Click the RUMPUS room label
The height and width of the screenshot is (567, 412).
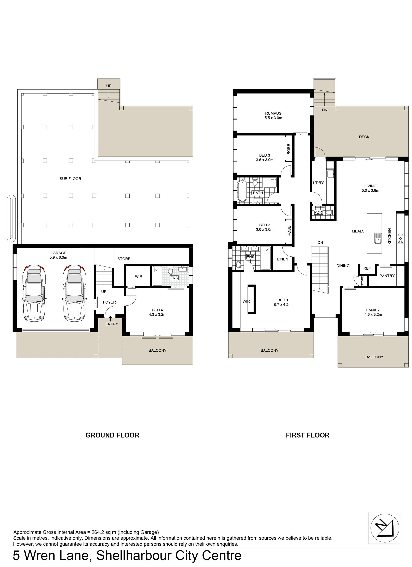(273, 113)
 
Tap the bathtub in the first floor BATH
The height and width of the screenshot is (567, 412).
(242, 191)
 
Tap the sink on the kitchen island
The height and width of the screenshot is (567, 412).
(378, 238)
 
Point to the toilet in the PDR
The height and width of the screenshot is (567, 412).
(329, 212)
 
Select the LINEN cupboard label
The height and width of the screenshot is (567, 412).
(283, 259)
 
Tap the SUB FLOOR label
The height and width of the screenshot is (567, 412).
(70, 179)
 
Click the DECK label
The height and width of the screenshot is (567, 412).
(364, 137)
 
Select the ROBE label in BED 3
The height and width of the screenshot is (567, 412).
(289, 149)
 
